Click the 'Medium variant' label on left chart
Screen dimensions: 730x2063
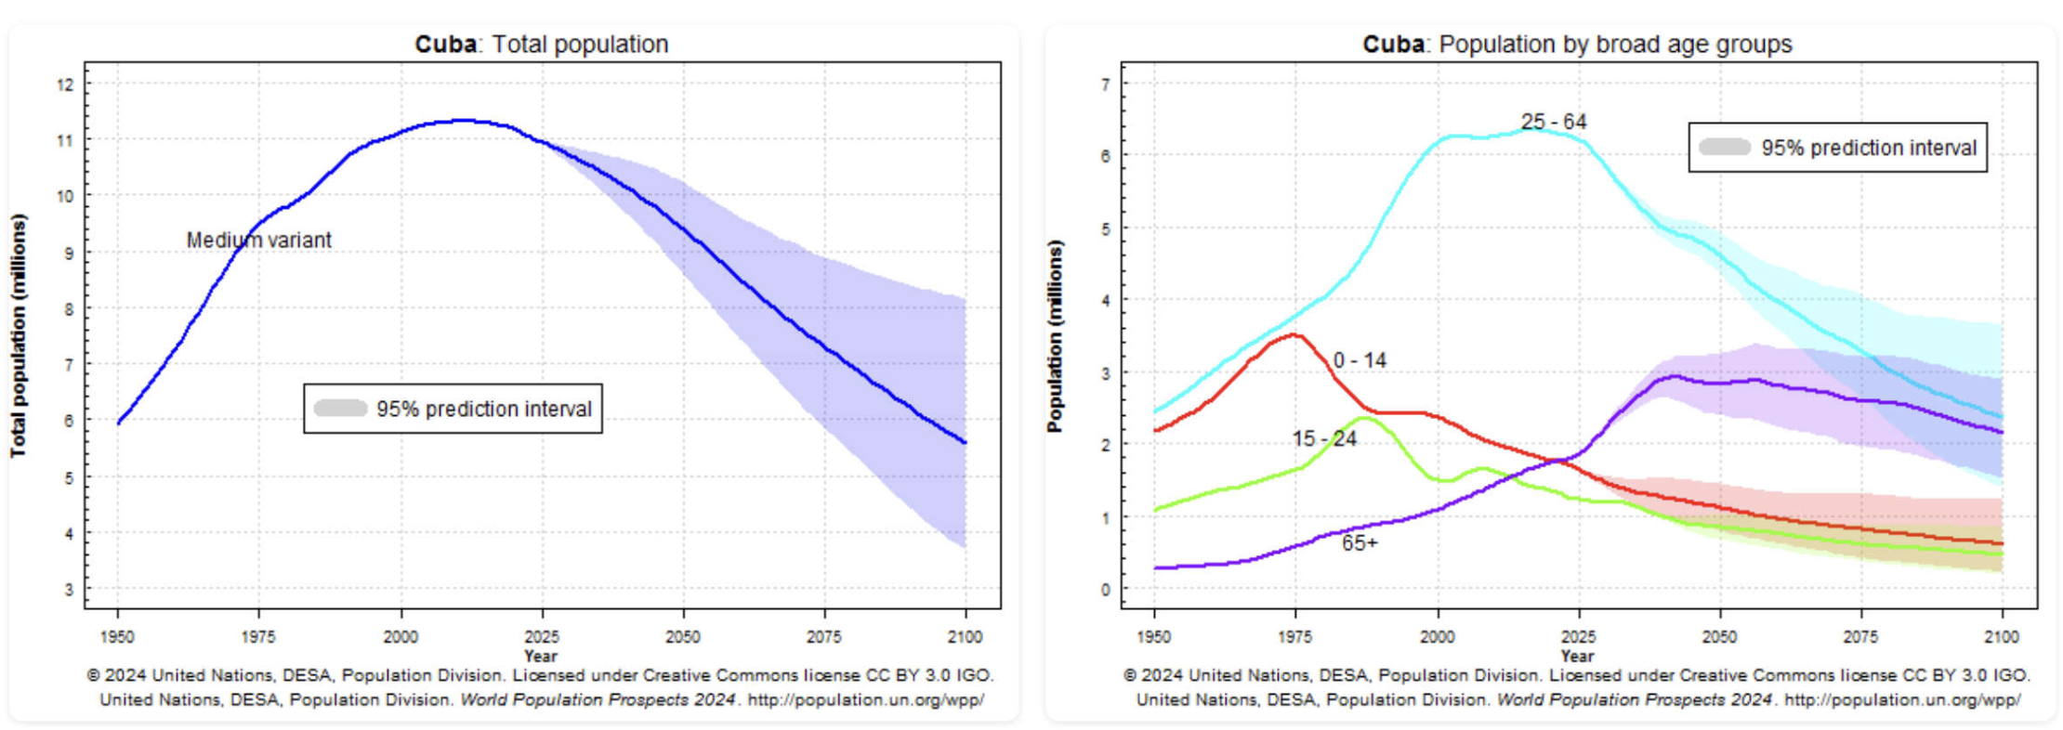pyautogui.click(x=258, y=240)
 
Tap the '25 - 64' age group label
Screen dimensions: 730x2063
pyautogui.click(x=1553, y=122)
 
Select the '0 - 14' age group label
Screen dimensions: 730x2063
pyautogui.click(x=1360, y=360)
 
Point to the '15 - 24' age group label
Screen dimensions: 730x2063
pyautogui.click(x=1324, y=438)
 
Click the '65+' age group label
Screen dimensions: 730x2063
pyautogui.click(x=1360, y=543)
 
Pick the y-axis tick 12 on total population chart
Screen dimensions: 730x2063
pyautogui.click(x=65, y=85)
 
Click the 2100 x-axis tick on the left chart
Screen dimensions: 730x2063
pyautogui.click(x=966, y=637)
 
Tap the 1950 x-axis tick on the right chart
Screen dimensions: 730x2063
pyautogui.click(x=1154, y=637)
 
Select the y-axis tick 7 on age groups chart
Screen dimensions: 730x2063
pyautogui.click(x=1105, y=85)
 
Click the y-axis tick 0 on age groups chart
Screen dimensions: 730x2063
pyautogui.click(x=1105, y=589)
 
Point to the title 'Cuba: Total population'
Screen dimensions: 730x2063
pyautogui.click(x=541, y=44)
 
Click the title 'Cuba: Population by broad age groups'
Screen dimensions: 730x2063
pyautogui.click(x=1577, y=44)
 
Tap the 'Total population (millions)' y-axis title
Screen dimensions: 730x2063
pyautogui.click(x=19, y=335)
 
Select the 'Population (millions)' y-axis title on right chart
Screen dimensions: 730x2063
pyautogui.click(x=1055, y=335)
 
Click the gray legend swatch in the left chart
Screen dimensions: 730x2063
pyautogui.click(x=340, y=409)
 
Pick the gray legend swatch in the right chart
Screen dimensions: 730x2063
pyautogui.click(x=1725, y=148)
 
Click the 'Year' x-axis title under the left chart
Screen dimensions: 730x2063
pyautogui.click(x=540, y=656)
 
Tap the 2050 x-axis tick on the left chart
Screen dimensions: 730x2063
pyautogui.click(x=683, y=637)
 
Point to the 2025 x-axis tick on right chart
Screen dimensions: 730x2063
pyautogui.click(x=1578, y=637)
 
